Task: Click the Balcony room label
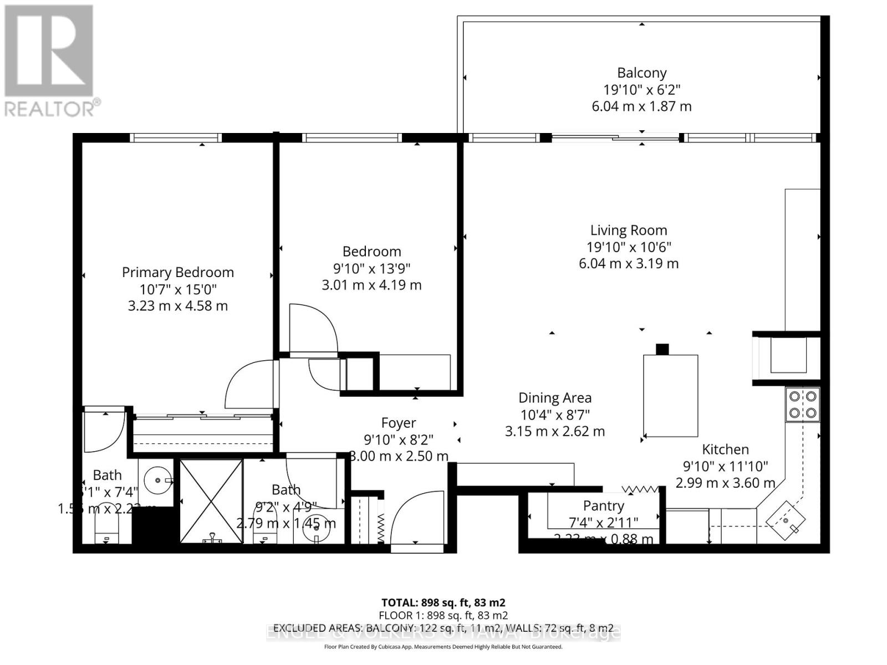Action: [x=641, y=73]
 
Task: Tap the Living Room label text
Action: [x=628, y=230]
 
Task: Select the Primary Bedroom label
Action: [x=177, y=272]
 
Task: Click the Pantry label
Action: [x=603, y=505]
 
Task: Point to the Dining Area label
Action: [x=554, y=397]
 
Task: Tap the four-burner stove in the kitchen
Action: [x=803, y=405]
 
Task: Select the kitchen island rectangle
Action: [x=670, y=395]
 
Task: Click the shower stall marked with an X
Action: [x=211, y=500]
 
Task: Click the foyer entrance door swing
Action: [x=416, y=518]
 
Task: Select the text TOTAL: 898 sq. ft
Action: [x=443, y=602]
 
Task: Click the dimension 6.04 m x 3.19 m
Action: [x=628, y=263]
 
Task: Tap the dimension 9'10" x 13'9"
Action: [x=371, y=268]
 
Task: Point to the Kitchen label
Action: [x=725, y=449]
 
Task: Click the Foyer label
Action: [x=398, y=423]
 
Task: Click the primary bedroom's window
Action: [x=175, y=138]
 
